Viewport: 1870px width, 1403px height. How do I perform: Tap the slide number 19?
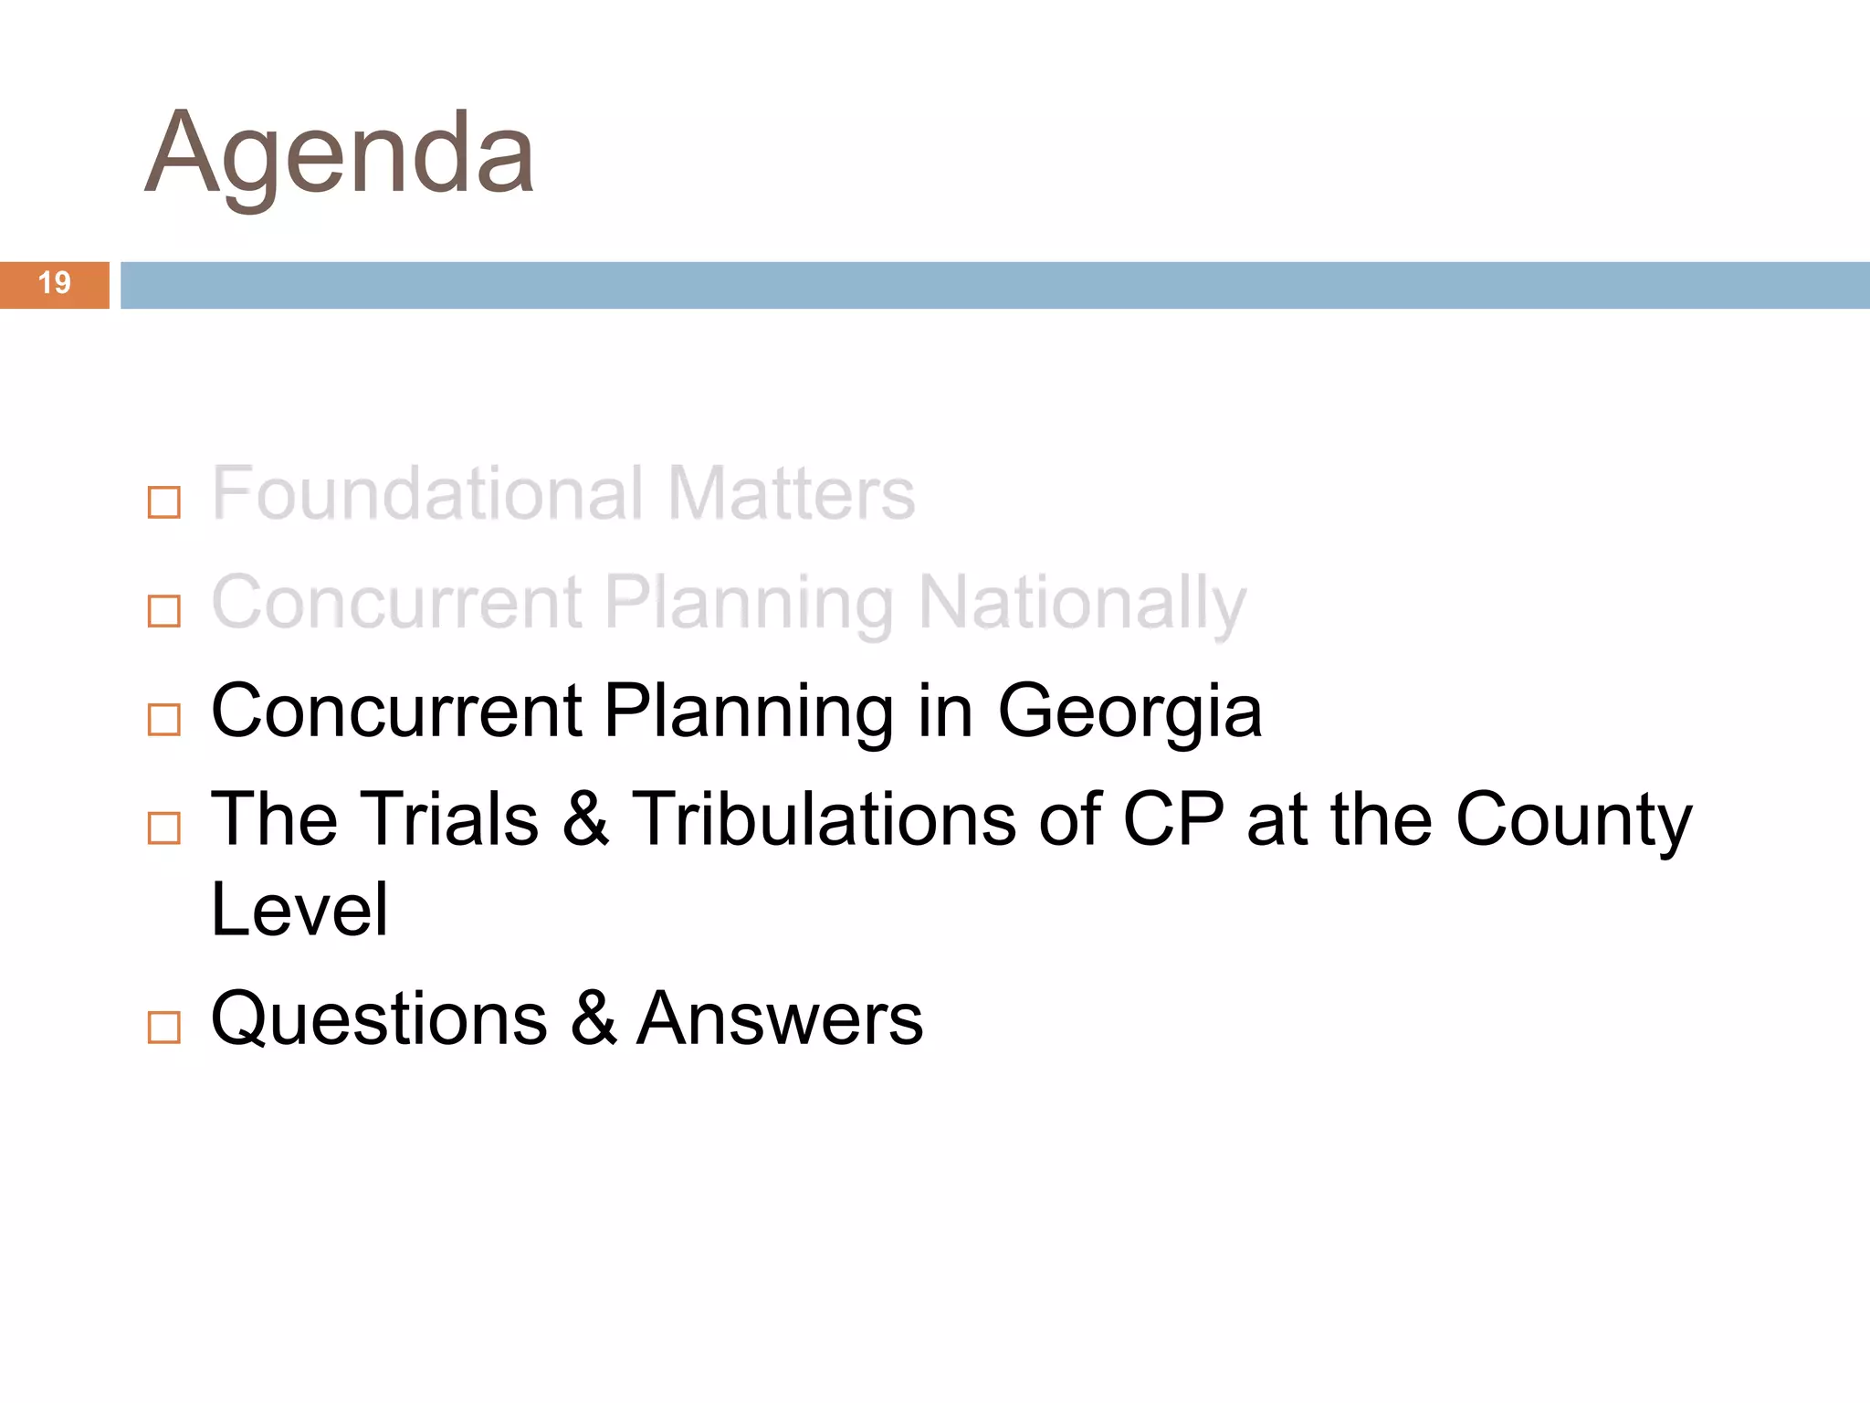(x=55, y=283)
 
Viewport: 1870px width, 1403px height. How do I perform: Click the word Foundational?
(x=427, y=493)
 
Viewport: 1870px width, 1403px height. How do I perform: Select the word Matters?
(x=791, y=493)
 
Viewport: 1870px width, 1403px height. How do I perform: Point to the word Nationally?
(x=1082, y=603)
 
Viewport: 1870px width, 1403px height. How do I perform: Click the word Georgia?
(x=1129, y=712)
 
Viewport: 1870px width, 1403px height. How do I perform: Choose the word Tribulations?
(x=824, y=818)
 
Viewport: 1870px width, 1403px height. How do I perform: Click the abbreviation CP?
(x=1173, y=818)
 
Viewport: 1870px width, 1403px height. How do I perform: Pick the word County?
(x=1573, y=820)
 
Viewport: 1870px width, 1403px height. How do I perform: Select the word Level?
(x=299, y=910)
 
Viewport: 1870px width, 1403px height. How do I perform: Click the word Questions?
(x=379, y=1018)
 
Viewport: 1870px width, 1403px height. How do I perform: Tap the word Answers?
(x=780, y=1018)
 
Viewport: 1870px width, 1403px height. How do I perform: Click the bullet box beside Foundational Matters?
(x=164, y=502)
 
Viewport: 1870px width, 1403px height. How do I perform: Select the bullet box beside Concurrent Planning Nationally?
(x=164, y=611)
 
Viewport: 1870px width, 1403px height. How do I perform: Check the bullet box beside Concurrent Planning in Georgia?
(x=164, y=720)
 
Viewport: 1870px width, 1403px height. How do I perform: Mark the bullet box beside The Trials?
(x=164, y=828)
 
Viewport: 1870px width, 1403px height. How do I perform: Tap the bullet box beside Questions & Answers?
(x=164, y=1027)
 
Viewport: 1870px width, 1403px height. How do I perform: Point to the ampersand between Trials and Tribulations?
(x=585, y=818)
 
